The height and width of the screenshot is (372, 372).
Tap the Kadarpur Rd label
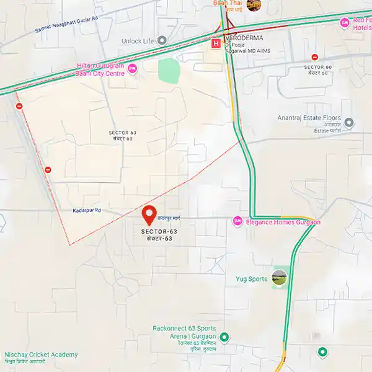click(86, 211)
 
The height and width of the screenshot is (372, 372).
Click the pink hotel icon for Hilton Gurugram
click(132, 69)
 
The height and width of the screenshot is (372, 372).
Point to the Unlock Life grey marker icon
click(162, 40)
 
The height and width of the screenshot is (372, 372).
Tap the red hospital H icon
click(216, 44)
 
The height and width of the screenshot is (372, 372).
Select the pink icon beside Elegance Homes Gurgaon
click(237, 221)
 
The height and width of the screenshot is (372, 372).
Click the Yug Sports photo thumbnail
click(280, 278)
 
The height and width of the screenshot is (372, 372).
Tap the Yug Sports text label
click(252, 279)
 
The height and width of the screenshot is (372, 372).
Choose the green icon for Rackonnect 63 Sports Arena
click(224, 337)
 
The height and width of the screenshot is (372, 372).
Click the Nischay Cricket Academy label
click(41, 355)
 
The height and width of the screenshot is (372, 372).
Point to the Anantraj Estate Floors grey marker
click(348, 122)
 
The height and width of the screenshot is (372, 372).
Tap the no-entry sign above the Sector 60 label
click(315, 57)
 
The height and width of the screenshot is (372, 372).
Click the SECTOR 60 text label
click(319, 66)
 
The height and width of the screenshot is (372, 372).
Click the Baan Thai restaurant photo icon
click(253, 5)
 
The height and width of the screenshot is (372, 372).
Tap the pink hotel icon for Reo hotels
click(345, 23)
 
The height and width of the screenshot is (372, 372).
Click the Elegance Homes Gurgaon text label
click(283, 222)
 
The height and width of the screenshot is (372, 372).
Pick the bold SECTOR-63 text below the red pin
click(159, 231)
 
